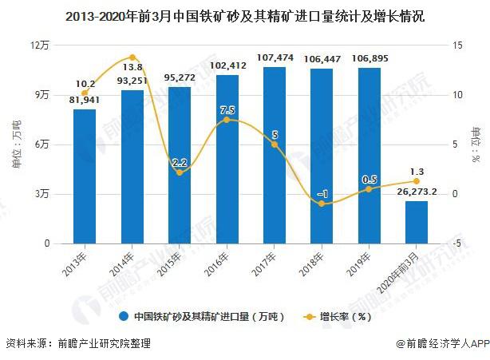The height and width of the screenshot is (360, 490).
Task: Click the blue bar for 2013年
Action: coord(84,176)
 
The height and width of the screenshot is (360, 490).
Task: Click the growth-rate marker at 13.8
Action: coord(132,57)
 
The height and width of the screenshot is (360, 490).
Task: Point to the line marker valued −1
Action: coord(322,204)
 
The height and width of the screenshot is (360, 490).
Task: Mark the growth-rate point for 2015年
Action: coord(180,172)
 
